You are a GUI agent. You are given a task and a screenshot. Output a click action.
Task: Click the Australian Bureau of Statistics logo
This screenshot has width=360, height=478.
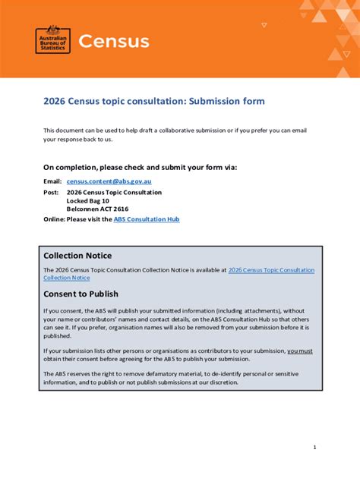click(53, 39)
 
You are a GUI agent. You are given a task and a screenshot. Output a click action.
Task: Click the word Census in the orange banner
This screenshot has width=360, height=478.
click(113, 41)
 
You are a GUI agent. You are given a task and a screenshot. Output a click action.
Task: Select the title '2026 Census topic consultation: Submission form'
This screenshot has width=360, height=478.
click(154, 101)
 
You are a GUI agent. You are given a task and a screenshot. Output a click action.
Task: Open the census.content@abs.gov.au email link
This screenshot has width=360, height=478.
click(109, 181)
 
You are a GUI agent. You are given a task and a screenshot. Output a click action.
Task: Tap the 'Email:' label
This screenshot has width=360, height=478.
click(52, 181)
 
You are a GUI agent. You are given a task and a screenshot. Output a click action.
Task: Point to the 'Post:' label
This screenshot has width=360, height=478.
click(51, 193)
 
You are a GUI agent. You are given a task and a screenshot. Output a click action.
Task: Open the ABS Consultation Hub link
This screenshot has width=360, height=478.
click(147, 219)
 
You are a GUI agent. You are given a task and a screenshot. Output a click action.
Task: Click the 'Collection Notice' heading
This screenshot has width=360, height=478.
click(77, 256)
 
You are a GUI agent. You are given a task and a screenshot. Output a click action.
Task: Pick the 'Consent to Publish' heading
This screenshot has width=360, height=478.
click(81, 294)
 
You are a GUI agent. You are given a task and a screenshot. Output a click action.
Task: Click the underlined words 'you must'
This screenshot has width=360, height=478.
click(299, 351)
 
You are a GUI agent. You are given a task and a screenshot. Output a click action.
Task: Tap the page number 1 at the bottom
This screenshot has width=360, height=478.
click(314, 448)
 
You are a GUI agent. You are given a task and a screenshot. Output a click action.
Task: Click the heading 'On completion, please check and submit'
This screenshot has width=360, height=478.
click(141, 166)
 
